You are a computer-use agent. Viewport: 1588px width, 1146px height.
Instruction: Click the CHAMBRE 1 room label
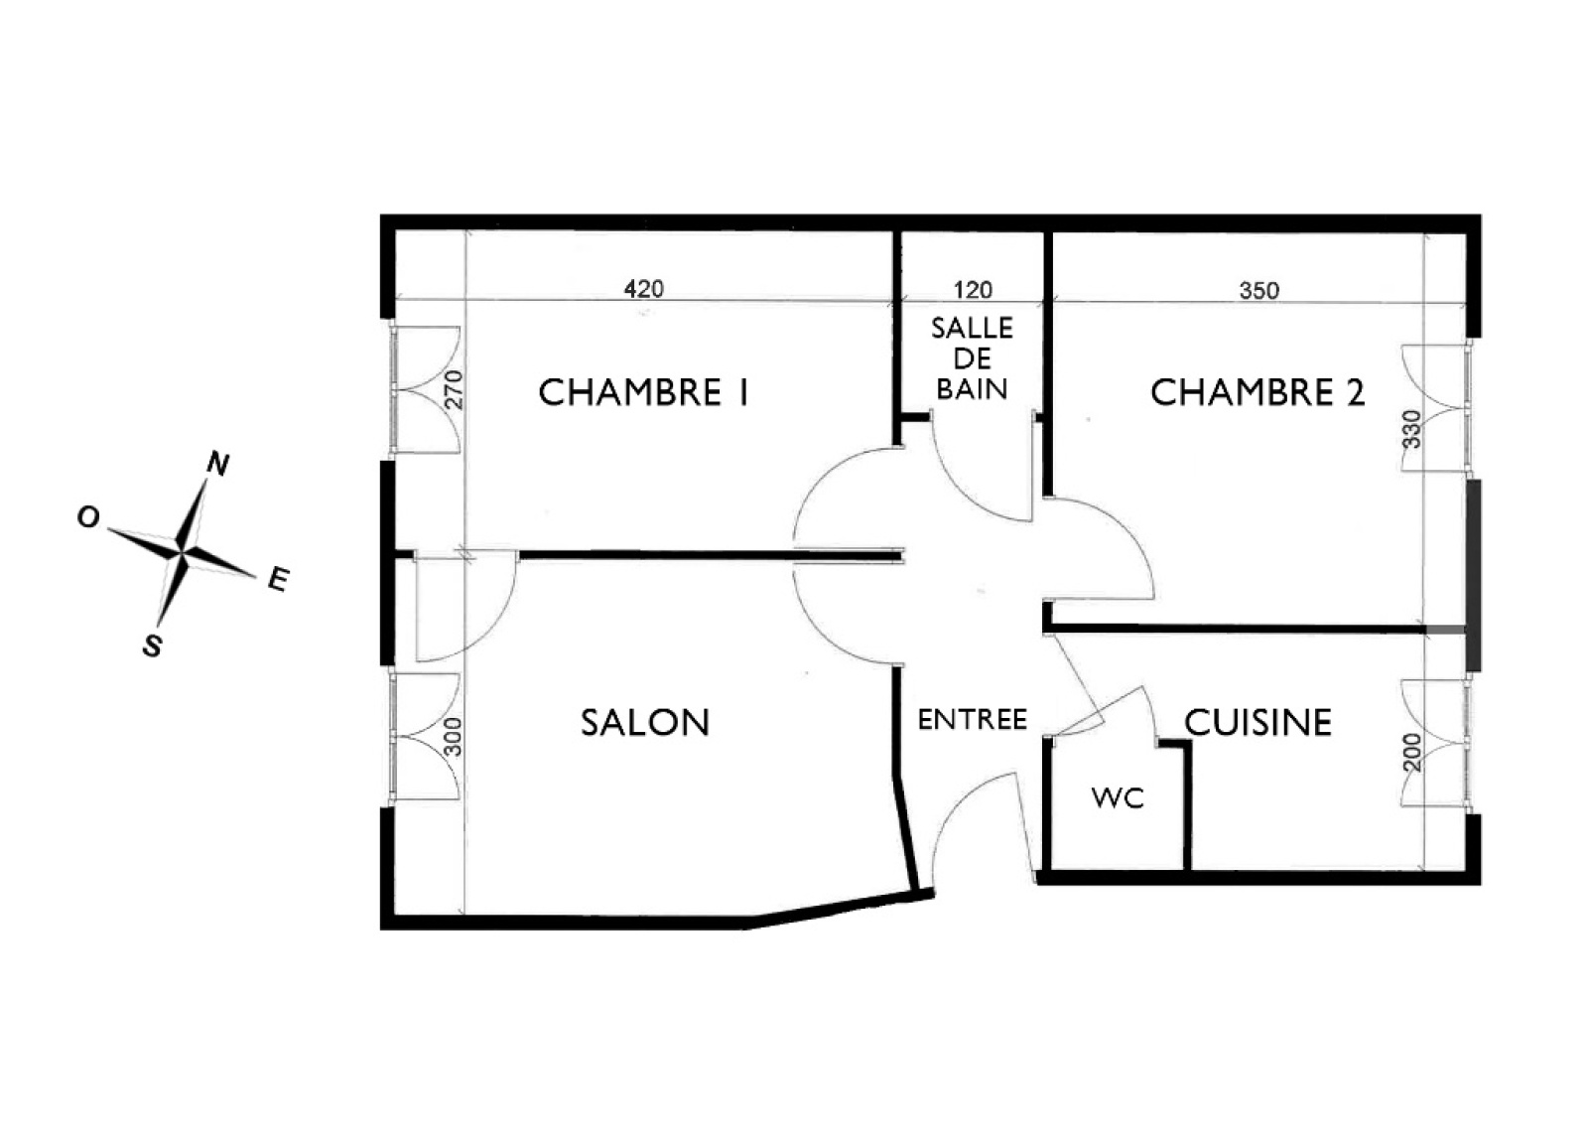tap(644, 392)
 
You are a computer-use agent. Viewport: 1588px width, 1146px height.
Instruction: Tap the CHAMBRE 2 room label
tap(1257, 392)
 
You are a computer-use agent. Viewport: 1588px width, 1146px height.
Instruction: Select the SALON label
tap(645, 722)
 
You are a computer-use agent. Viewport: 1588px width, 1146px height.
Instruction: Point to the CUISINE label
tap(1258, 722)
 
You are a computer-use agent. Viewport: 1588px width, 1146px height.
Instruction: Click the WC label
tap(1118, 798)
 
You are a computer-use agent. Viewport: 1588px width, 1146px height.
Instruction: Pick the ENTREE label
tap(973, 720)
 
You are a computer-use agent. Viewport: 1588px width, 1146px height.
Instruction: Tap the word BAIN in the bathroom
tap(972, 389)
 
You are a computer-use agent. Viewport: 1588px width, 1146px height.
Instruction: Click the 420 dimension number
tap(644, 289)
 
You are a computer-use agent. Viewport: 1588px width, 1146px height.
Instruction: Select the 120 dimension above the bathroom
tap(973, 289)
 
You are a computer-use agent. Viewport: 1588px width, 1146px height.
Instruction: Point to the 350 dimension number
tap(1259, 290)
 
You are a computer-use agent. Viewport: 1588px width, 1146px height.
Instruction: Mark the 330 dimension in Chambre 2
tap(1412, 429)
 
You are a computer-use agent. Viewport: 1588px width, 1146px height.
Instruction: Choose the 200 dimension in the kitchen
tap(1412, 752)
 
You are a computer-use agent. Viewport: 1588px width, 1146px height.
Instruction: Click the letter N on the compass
tap(218, 465)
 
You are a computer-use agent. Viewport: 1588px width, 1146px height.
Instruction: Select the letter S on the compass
tap(153, 645)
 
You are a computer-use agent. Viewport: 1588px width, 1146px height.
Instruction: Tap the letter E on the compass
tap(279, 579)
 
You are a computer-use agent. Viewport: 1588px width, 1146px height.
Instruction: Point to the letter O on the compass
tap(88, 517)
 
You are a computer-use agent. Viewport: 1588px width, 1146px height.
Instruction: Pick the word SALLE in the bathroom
tap(972, 328)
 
